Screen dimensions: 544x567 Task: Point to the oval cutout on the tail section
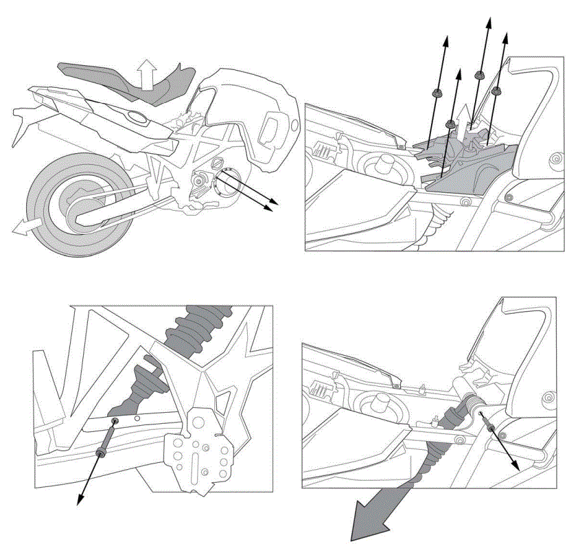coord(135,121)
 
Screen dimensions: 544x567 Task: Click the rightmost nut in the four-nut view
coord(498,90)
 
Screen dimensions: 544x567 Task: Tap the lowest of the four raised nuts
coord(449,124)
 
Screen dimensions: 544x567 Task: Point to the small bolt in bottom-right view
coord(491,429)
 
